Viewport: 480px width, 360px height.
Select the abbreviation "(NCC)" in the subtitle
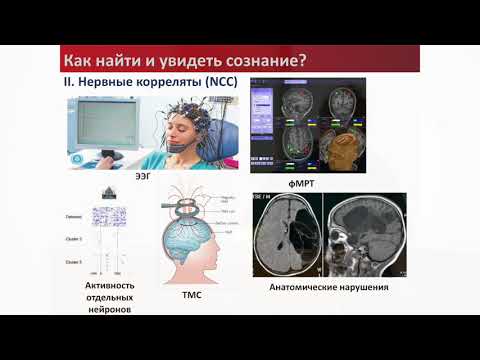[x=208, y=80]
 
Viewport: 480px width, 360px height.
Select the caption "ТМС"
[x=190, y=296]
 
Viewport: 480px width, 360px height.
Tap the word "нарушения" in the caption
[x=366, y=288]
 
